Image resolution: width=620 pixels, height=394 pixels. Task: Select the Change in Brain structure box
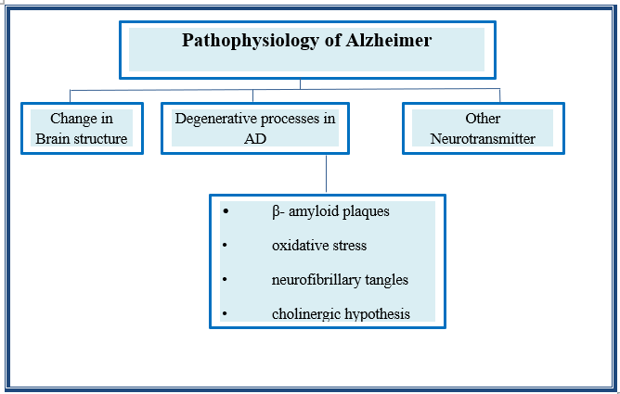tap(82, 129)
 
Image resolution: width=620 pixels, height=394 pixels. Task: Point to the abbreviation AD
tap(254, 139)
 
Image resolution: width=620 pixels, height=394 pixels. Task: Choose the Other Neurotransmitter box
tap(483, 129)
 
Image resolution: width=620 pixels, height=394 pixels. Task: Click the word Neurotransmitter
tap(483, 139)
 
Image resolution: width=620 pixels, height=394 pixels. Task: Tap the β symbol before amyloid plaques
tap(276, 211)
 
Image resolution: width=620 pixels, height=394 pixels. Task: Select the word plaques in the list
tap(367, 211)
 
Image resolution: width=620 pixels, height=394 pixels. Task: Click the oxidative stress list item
tap(318, 246)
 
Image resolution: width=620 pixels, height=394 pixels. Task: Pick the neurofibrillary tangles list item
tap(340, 279)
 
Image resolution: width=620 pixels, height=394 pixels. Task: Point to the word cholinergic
tap(305, 313)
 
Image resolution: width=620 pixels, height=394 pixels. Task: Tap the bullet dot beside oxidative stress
tap(225, 246)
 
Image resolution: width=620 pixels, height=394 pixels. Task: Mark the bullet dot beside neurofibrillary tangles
tap(225, 279)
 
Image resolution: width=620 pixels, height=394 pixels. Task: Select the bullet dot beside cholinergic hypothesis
tap(225, 313)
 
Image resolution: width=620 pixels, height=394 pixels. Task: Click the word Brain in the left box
tap(55, 139)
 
